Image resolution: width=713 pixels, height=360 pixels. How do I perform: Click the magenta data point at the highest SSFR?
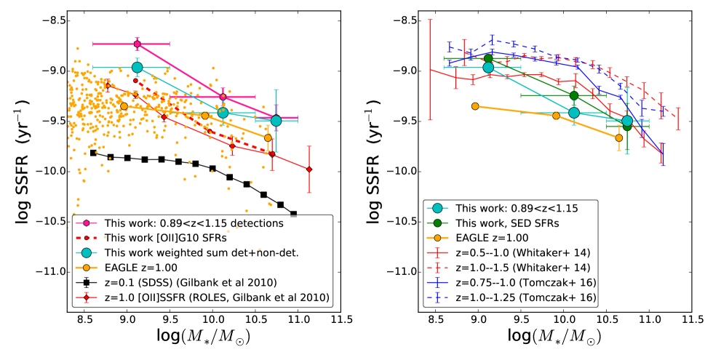click(x=137, y=44)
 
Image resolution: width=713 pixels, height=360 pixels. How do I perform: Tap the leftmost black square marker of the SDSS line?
click(x=93, y=153)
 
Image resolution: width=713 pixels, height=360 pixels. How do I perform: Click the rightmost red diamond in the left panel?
click(x=309, y=169)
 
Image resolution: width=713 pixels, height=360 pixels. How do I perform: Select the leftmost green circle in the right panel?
click(x=488, y=58)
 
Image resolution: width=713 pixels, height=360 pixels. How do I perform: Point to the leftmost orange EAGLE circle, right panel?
click(x=475, y=106)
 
